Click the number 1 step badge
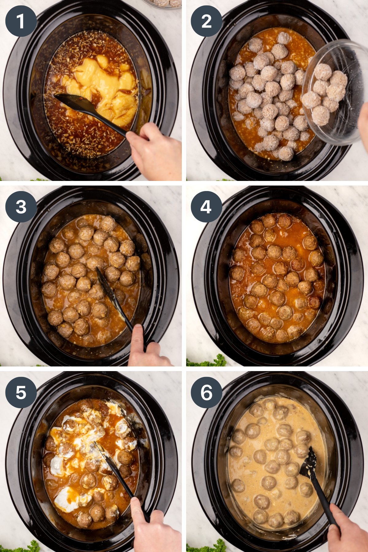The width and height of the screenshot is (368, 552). [21, 21]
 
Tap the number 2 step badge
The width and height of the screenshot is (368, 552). [206, 21]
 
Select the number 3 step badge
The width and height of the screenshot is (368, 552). [21, 207]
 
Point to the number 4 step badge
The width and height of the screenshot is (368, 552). [206, 207]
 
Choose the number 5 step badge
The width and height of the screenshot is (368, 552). [21, 392]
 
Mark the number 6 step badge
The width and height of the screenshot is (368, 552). [206, 392]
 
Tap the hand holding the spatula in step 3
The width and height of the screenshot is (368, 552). [147, 347]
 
